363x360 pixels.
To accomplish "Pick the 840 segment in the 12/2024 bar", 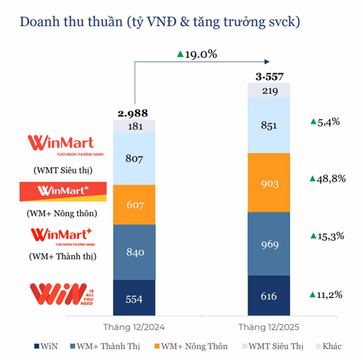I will click(x=134, y=252).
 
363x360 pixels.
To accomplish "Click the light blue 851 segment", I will click(x=269, y=125).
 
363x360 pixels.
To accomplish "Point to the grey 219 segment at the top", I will click(x=269, y=90).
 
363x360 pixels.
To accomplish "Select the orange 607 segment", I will click(x=134, y=204).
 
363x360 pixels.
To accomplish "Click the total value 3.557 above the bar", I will click(x=269, y=76).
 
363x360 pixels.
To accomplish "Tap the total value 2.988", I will click(x=134, y=113).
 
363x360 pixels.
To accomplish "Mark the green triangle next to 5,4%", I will click(x=313, y=122).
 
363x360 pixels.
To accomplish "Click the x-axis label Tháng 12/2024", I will click(x=134, y=328).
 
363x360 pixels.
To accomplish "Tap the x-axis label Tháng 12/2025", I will click(x=269, y=328).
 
